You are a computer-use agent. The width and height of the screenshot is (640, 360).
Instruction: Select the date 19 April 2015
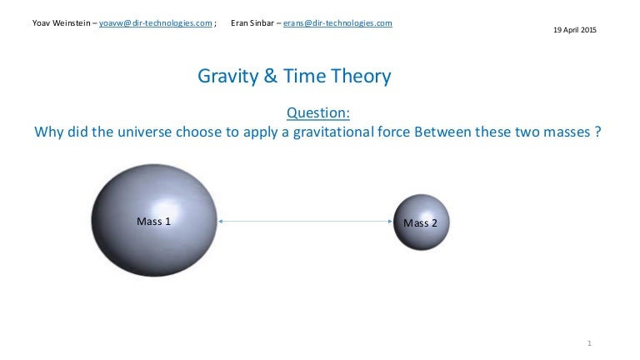575,31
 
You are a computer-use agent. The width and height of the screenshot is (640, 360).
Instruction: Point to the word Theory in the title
358,77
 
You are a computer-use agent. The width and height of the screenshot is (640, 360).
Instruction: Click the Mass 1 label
153,222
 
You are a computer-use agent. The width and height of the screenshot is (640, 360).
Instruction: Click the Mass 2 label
420,222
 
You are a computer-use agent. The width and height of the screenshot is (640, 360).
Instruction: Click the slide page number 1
588,342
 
